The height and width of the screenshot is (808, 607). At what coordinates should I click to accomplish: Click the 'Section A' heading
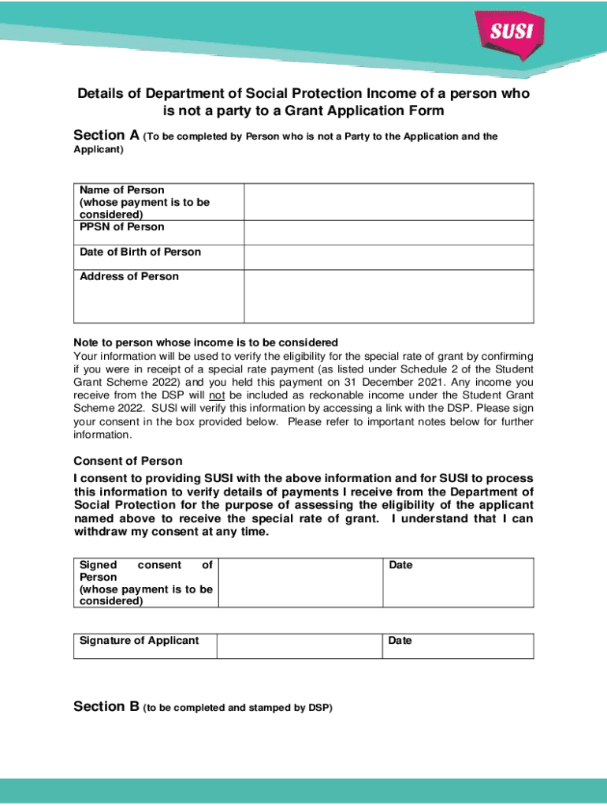point(106,136)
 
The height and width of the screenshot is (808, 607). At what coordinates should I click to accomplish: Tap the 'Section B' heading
point(106,707)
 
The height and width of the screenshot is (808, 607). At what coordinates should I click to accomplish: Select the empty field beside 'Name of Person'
point(389,201)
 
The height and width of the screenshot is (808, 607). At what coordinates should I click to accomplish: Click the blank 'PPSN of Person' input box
point(389,232)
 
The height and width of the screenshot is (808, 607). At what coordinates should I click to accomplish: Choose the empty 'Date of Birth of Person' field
point(389,257)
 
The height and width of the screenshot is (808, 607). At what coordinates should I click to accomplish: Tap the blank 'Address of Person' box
point(389,296)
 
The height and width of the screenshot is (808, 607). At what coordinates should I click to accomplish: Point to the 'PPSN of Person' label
point(122,227)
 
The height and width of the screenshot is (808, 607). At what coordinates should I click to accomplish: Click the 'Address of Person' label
point(129,276)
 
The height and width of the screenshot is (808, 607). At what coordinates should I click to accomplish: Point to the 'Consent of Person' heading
point(128,461)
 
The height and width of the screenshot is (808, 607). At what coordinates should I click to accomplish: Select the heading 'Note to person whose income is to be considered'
point(206,342)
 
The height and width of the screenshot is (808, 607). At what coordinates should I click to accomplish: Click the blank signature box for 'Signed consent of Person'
point(300,582)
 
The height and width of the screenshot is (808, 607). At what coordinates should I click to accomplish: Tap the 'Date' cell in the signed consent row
point(458,582)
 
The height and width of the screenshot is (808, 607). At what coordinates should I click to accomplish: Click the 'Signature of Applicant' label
point(140,641)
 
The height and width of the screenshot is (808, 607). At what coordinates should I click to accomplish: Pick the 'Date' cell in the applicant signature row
point(458,645)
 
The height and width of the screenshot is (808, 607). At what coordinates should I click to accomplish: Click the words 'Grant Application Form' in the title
point(370,111)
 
